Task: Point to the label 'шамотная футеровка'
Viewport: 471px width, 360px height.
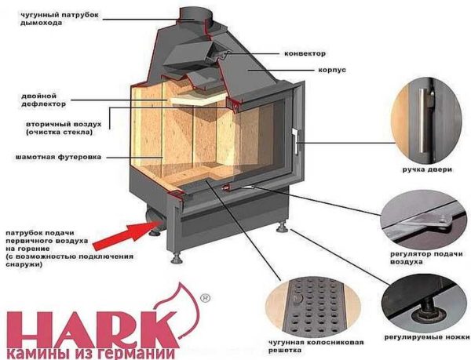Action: [x=47, y=157]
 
